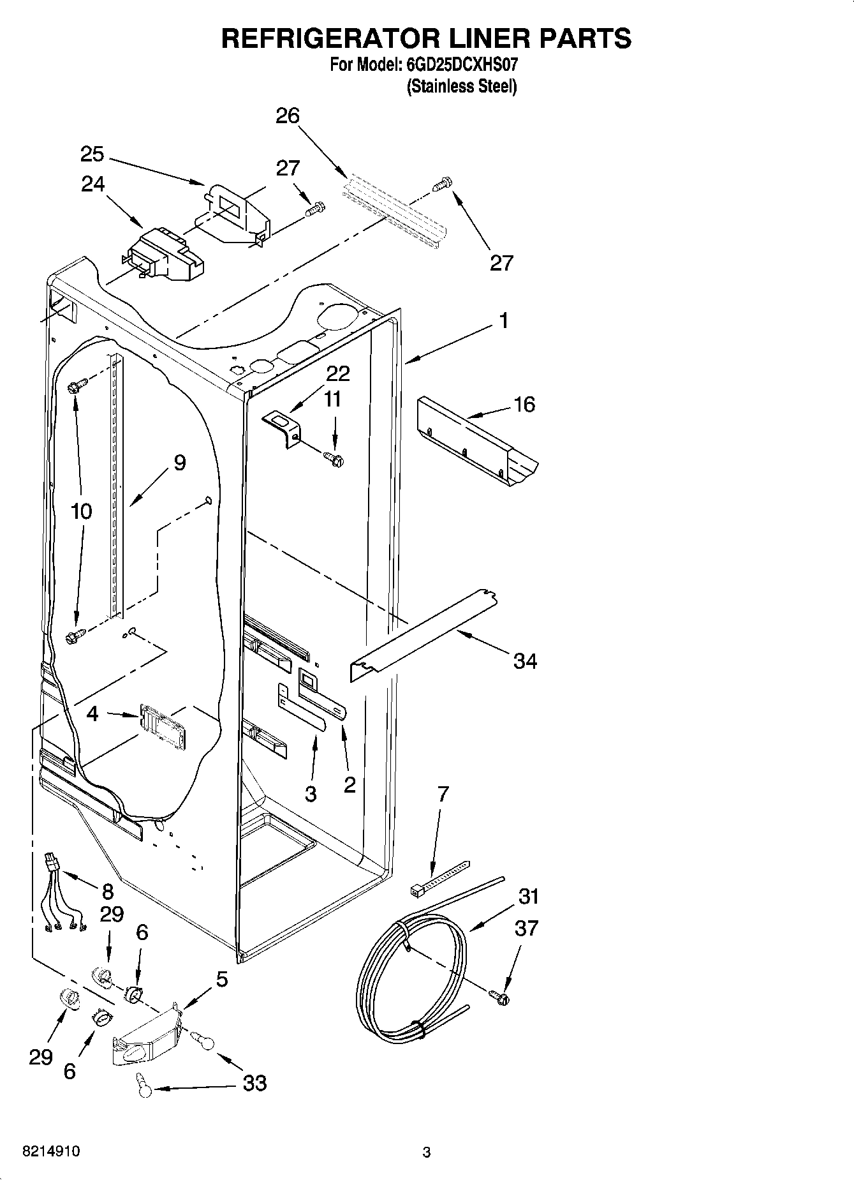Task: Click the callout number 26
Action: [x=288, y=116]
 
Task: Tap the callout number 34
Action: [x=525, y=662]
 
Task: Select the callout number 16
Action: [x=524, y=405]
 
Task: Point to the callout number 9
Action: [x=179, y=463]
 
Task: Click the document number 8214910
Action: [x=51, y=1152]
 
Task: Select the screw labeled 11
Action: [x=333, y=458]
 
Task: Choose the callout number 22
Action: [x=338, y=373]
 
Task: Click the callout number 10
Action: [x=81, y=511]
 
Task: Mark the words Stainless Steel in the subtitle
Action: [x=462, y=86]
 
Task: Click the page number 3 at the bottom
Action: [x=427, y=1152]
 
